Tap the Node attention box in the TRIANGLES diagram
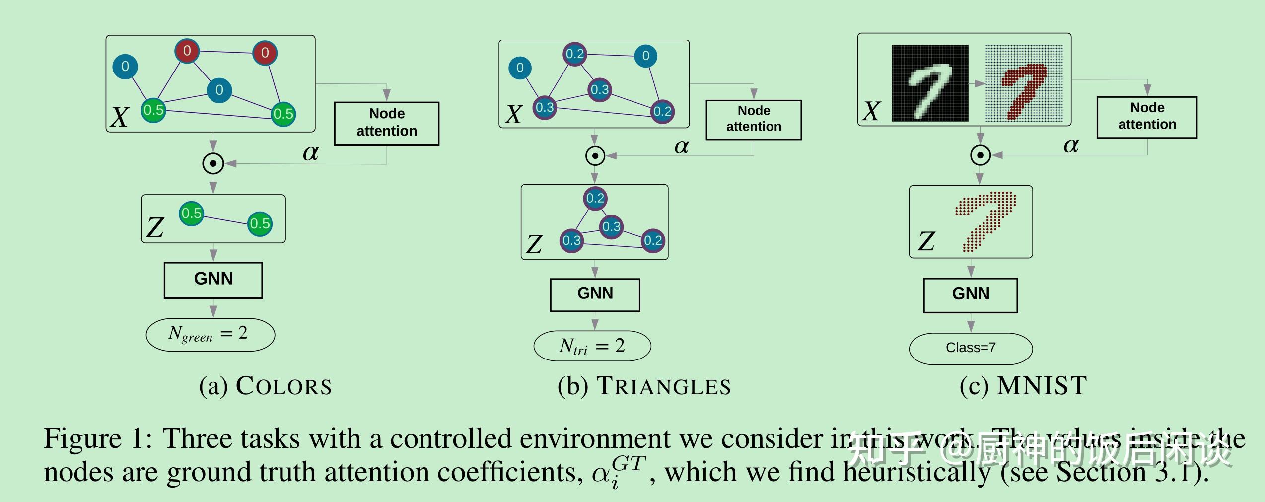click(753, 119)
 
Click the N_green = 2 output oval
click(210, 335)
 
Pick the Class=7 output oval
click(970, 348)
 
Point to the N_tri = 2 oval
click(592, 346)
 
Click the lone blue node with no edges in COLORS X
click(125, 67)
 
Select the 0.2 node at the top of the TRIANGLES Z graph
click(595, 198)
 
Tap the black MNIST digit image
click(929, 83)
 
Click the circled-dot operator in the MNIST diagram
click(980, 155)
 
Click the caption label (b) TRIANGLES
click(644, 386)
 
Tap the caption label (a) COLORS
click(265, 386)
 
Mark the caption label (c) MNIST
click(1023, 386)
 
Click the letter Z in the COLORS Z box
click(155, 228)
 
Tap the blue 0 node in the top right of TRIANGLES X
click(645, 56)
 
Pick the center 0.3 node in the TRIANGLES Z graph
click(611, 227)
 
